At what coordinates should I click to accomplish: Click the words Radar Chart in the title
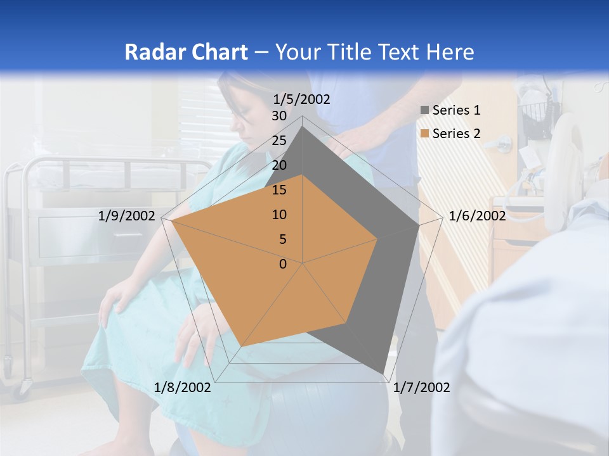click(185, 52)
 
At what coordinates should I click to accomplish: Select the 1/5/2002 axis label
click(301, 99)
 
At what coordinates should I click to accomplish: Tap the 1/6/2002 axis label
click(477, 216)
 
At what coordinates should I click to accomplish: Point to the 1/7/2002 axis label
click(422, 388)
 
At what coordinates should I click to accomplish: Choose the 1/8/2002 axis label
click(183, 388)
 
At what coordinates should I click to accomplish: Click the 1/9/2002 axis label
click(127, 216)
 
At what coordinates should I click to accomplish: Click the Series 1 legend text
click(456, 110)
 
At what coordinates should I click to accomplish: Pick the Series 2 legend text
click(456, 134)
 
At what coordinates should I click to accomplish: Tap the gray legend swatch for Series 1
click(424, 110)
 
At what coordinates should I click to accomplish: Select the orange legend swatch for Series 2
click(424, 134)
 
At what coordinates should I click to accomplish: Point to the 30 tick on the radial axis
click(279, 117)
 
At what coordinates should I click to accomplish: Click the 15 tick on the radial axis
click(279, 190)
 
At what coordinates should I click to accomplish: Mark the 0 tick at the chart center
click(283, 264)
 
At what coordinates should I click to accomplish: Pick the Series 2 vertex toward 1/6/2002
click(377, 239)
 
